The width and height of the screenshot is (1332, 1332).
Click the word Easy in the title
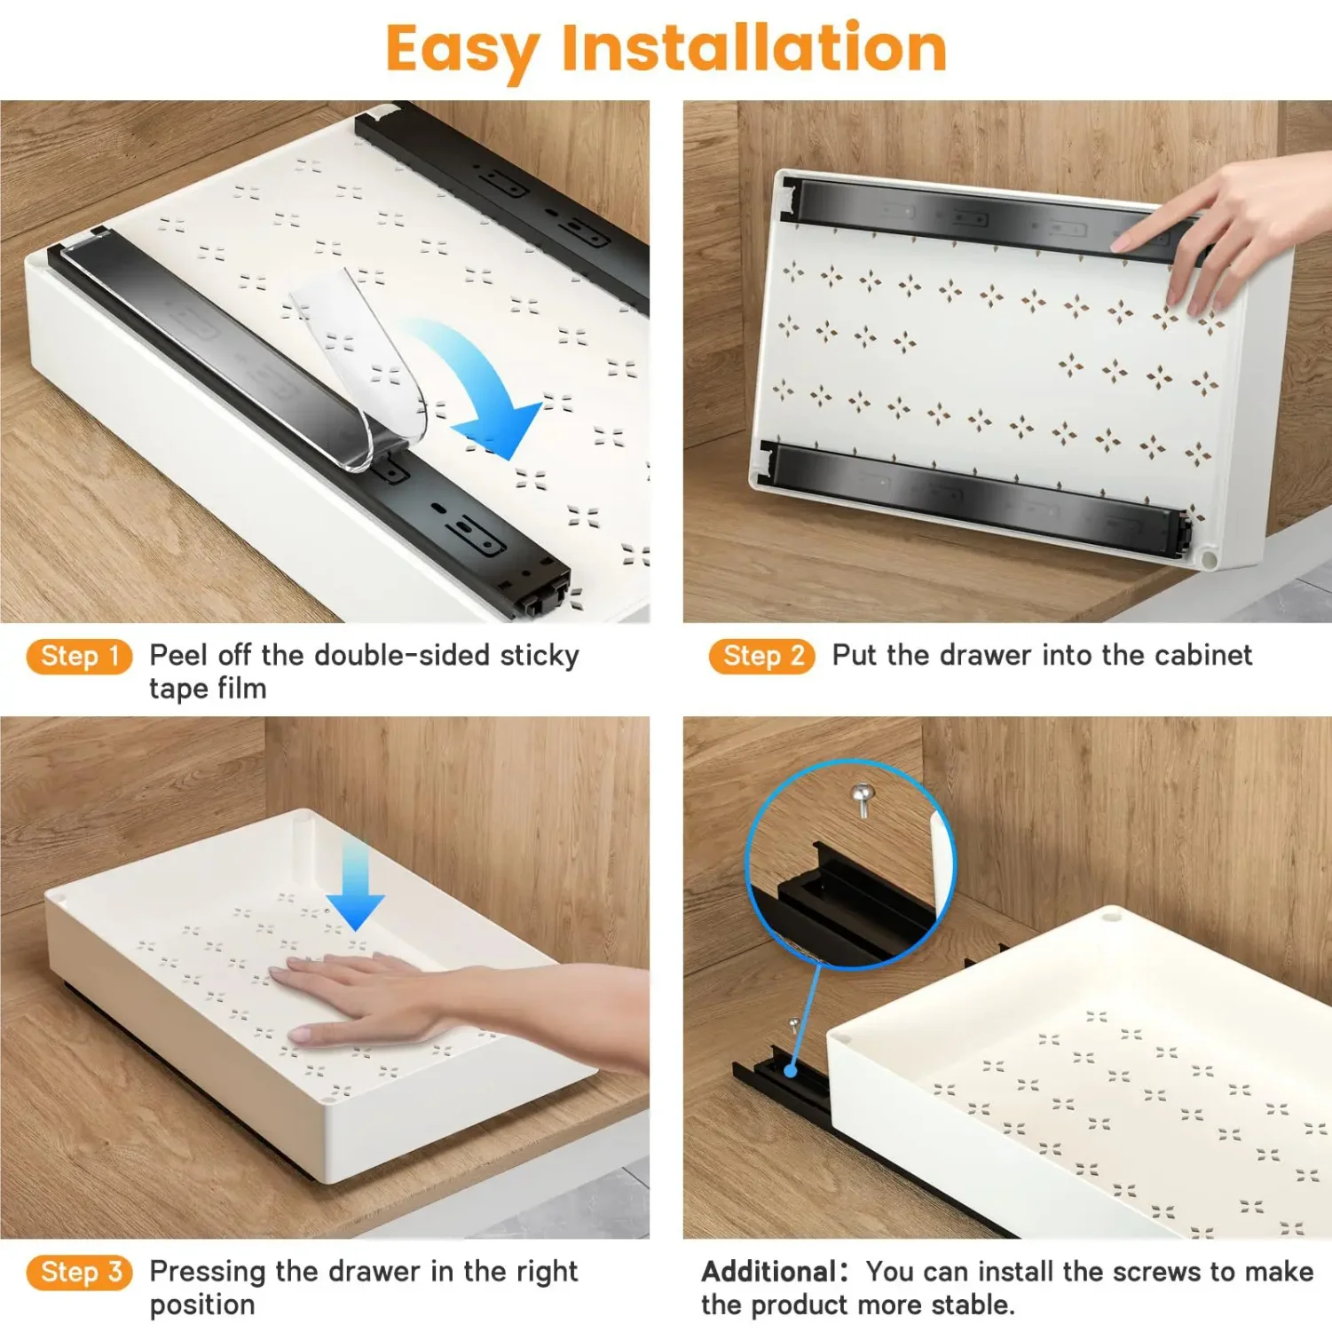click(x=461, y=49)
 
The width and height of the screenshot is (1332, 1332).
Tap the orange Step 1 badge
click(x=79, y=657)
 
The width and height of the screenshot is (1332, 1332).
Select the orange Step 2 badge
click(x=761, y=657)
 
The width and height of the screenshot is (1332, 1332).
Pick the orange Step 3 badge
click(x=79, y=1273)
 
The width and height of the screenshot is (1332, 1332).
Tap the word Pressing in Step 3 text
click(x=209, y=1272)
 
